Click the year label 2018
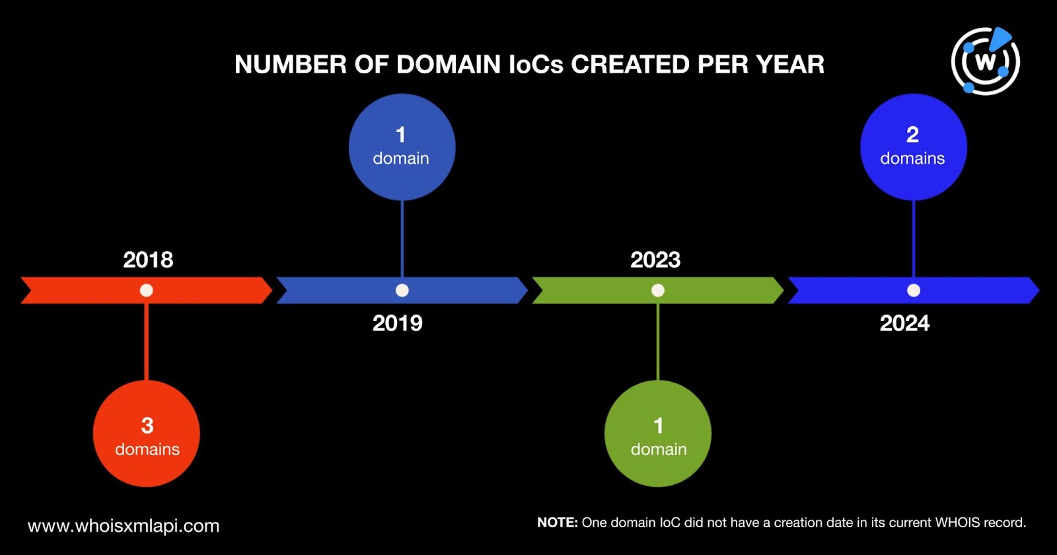click(148, 260)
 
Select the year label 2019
click(397, 323)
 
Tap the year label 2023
click(655, 260)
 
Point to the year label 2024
click(904, 323)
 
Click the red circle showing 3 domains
click(146, 433)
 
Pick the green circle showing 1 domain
click(658, 433)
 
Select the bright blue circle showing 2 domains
click(914, 147)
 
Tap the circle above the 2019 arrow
click(402, 147)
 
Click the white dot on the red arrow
click(146, 290)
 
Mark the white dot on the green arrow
click(658, 290)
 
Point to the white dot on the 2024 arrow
click(914, 290)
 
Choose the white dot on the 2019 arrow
click(402, 290)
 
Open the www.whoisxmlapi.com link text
click(124, 526)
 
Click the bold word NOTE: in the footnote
click(558, 523)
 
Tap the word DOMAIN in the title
click(449, 64)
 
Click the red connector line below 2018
click(146, 342)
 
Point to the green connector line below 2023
click(658, 342)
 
